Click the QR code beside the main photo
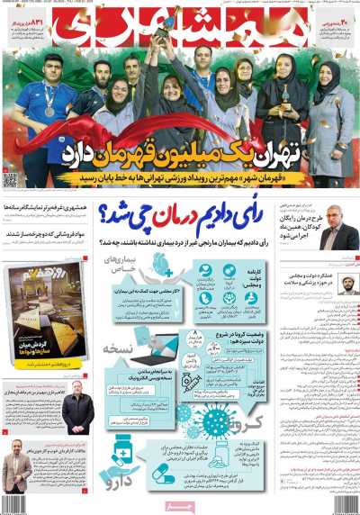pyautogui.click(x=10, y=180)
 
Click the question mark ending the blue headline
pyautogui.click(x=112, y=216)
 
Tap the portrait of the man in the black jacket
pyautogui.click(x=77, y=410)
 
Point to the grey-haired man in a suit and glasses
pyautogui.click(x=339, y=233)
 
